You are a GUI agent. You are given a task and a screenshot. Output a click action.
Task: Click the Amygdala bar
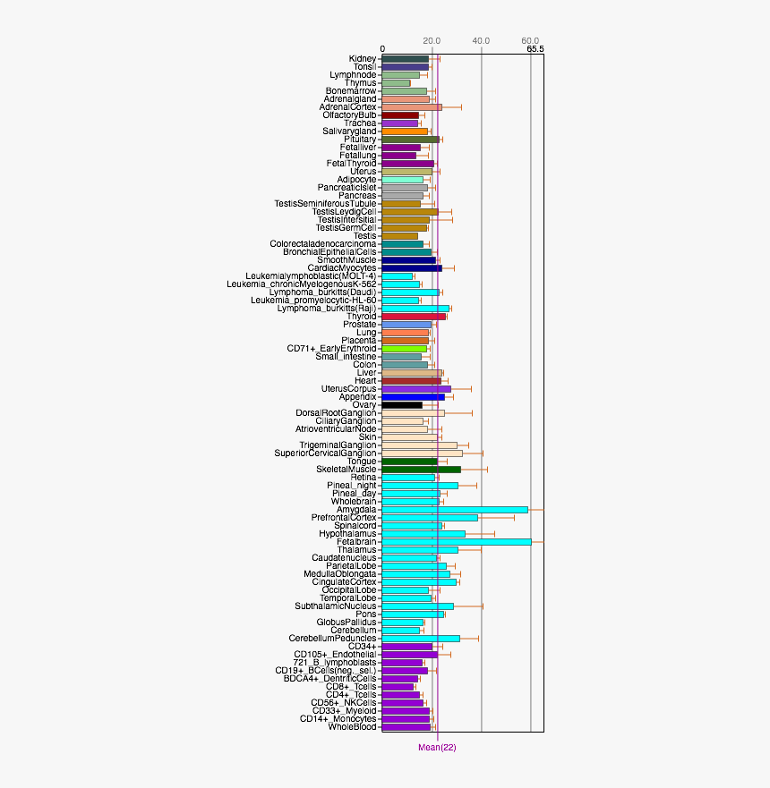pyautogui.click(x=455, y=510)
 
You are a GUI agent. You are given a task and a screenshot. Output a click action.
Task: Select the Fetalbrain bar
pyautogui.click(x=457, y=542)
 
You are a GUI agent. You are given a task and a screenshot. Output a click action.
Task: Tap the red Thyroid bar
pyautogui.click(x=414, y=317)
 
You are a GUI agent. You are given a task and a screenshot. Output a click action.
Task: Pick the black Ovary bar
pyautogui.click(x=402, y=405)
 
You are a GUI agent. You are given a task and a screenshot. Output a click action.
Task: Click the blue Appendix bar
pyautogui.click(x=413, y=397)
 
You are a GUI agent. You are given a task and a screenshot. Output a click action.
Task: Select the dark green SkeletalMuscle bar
pyautogui.click(x=421, y=470)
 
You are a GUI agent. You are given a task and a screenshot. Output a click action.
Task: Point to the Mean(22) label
pyautogui.click(x=437, y=748)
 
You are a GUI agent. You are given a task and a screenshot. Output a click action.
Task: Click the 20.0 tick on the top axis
pyautogui.click(x=432, y=41)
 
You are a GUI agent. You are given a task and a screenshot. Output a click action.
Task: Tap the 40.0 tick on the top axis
pyautogui.click(x=481, y=41)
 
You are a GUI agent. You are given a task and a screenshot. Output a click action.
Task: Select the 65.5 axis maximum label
pyautogui.click(x=535, y=49)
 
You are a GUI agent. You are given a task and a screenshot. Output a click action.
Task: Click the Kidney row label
pyautogui.click(x=363, y=59)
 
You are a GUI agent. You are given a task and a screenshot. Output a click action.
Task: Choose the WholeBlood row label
pyautogui.click(x=352, y=727)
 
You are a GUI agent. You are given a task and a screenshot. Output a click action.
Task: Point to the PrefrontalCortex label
pyautogui.click(x=344, y=518)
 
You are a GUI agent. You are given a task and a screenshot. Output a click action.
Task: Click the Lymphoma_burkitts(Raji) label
pyautogui.click(x=327, y=309)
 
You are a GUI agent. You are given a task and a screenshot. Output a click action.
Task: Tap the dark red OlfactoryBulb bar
pyautogui.click(x=400, y=115)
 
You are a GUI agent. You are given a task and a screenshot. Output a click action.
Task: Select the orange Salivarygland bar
pyautogui.click(x=405, y=131)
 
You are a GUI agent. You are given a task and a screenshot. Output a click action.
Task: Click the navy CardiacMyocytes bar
pyautogui.click(x=412, y=268)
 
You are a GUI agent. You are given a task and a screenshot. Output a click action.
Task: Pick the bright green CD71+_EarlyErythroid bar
pyautogui.click(x=405, y=349)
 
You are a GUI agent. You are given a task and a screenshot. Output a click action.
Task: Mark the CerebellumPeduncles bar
pyautogui.click(x=421, y=639)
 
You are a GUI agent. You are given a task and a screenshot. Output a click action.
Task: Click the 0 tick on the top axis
pyautogui.click(x=382, y=49)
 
